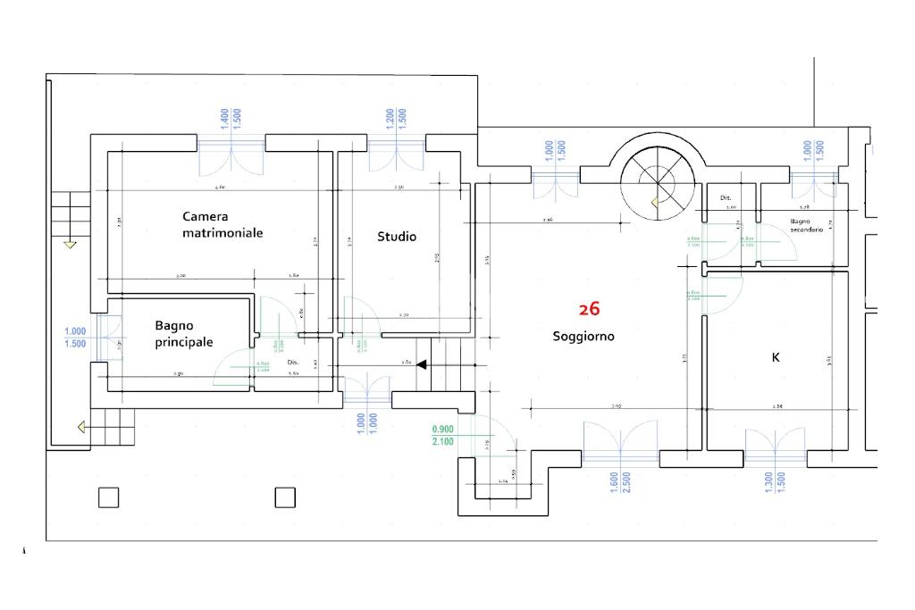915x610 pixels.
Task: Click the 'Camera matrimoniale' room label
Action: (x=222, y=224)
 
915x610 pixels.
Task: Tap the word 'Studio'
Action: (x=397, y=237)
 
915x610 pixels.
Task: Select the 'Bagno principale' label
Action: (x=184, y=334)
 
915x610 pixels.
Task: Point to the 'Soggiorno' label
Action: (x=583, y=337)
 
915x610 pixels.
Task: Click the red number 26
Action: (x=589, y=309)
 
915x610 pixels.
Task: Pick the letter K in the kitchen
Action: (x=776, y=357)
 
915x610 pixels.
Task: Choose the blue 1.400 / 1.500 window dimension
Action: (x=231, y=120)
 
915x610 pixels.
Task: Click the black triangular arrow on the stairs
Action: (x=422, y=363)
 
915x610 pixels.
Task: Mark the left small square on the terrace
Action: (x=108, y=497)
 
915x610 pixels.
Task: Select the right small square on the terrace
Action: (x=285, y=497)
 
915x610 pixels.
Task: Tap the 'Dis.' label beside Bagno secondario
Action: (x=726, y=197)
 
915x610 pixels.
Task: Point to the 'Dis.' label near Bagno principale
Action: (x=292, y=363)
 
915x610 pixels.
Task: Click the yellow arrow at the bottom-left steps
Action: (x=82, y=428)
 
